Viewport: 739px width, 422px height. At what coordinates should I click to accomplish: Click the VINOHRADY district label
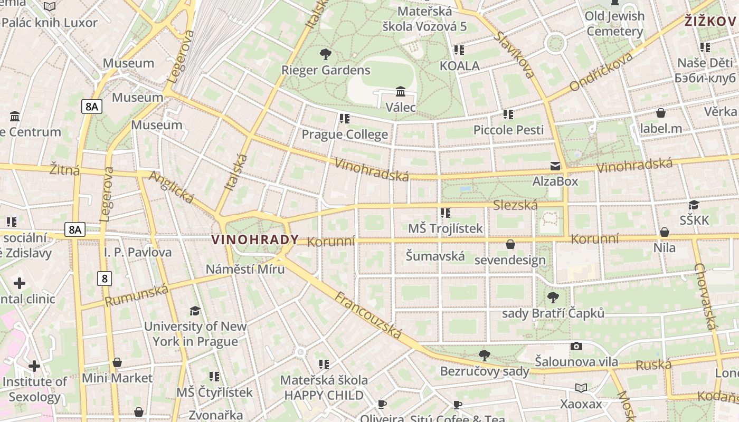click(x=255, y=239)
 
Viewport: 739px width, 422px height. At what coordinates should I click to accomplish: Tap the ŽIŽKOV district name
click(x=710, y=21)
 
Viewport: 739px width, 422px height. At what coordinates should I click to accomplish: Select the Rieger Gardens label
click(x=326, y=70)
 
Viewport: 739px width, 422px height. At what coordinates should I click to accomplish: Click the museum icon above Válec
click(x=401, y=92)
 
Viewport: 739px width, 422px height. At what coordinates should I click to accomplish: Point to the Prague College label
click(x=345, y=135)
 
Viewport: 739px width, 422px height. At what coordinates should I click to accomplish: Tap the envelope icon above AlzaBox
click(x=555, y=166)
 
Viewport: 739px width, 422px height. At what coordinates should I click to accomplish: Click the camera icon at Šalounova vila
click(x=576, y=347)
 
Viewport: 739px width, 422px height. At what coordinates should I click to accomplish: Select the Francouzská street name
click(x=368, y=315)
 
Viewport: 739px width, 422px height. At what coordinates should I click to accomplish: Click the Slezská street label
click(x=515, y=205)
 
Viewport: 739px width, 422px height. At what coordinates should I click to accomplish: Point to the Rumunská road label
click(x=137, y=295)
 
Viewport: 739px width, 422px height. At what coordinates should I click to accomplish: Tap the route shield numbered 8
click(x=105, y=279)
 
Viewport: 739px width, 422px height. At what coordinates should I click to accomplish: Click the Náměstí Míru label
click(x=245, y=269)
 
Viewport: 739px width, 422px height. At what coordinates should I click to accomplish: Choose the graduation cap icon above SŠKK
click(x=694, y=205)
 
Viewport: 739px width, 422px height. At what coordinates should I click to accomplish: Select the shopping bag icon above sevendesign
click(x=510, y=244)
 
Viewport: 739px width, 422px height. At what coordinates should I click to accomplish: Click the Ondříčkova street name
click(x=601, y=72)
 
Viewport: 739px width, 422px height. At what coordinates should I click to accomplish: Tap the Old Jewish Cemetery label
click(x=615, y=24)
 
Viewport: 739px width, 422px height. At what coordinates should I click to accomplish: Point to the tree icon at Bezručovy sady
click(x=484, y=355)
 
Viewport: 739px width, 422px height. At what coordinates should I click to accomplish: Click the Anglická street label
click(x=172, y=187)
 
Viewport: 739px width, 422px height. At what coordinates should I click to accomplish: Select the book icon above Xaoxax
click(x=581, y=388)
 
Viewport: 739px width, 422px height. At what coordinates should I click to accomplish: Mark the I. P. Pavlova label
click(x=138, y=252)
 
